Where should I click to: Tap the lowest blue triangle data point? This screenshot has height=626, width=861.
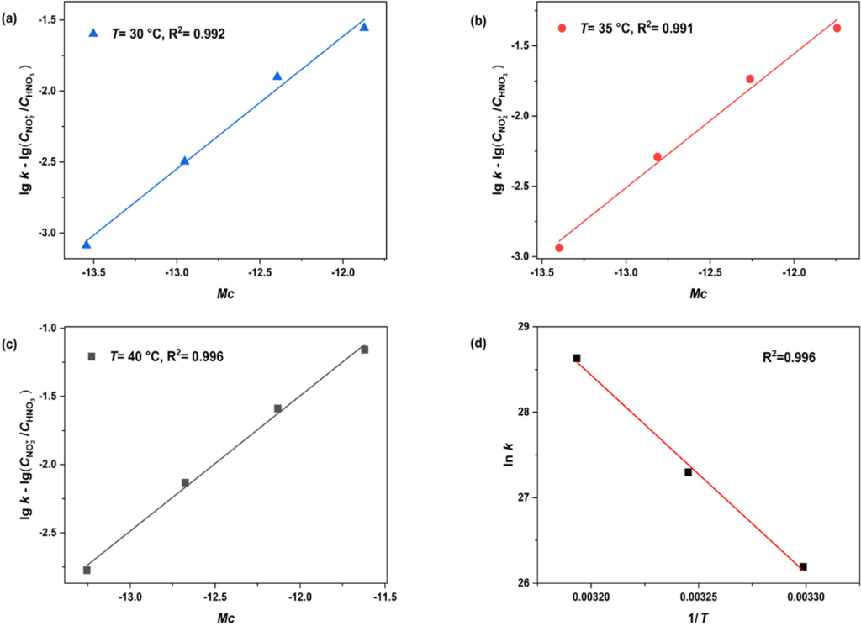pyautogui.click(x=86, y=244)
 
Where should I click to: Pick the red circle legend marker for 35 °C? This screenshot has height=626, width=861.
pyautogui.click(x=563, y=28)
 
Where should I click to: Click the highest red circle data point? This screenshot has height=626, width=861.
pyautogui.click(x=837, y=28)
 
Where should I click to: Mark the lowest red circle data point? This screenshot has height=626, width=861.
pyautogui.click(x=559, y=247)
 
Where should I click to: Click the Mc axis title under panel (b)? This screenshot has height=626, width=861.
pyautogui.click(x=697, y=294)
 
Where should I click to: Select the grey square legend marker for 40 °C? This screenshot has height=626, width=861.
pyautogui.click(x=92, y=356)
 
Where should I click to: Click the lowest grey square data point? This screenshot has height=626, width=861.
pyautogui.click(x=87, y=570)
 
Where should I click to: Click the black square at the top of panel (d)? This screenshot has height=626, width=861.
pyautogui.click(x=577, y=358)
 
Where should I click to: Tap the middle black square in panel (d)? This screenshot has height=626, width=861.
pyautogui.click(x=688, y=472)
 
